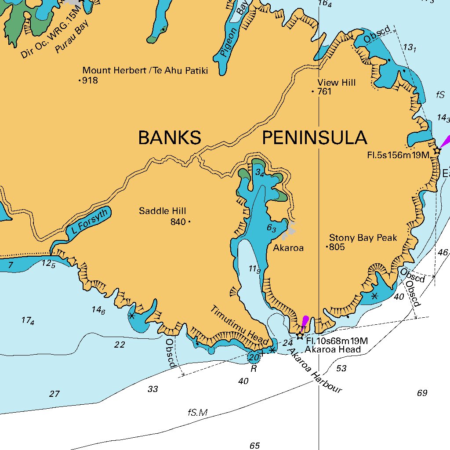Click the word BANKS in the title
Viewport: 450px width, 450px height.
170,138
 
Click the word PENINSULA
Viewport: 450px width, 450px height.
315,138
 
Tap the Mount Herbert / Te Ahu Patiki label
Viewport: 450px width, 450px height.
145,70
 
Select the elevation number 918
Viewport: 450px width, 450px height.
90,80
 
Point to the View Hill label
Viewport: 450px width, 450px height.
337,83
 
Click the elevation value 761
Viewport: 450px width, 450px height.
324,92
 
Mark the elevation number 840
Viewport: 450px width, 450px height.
178,222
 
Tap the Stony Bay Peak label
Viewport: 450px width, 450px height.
363,238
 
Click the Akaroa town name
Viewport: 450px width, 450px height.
288,248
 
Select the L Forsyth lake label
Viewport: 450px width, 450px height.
89,221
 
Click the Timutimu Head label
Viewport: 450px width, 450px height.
240,325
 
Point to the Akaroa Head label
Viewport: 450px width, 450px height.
333,349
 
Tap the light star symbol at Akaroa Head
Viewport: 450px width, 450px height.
300,336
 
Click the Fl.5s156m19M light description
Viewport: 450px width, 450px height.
398,155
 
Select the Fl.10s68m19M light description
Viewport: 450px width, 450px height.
337,341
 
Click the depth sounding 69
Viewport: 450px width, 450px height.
422,393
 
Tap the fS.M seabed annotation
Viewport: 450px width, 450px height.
197,413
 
